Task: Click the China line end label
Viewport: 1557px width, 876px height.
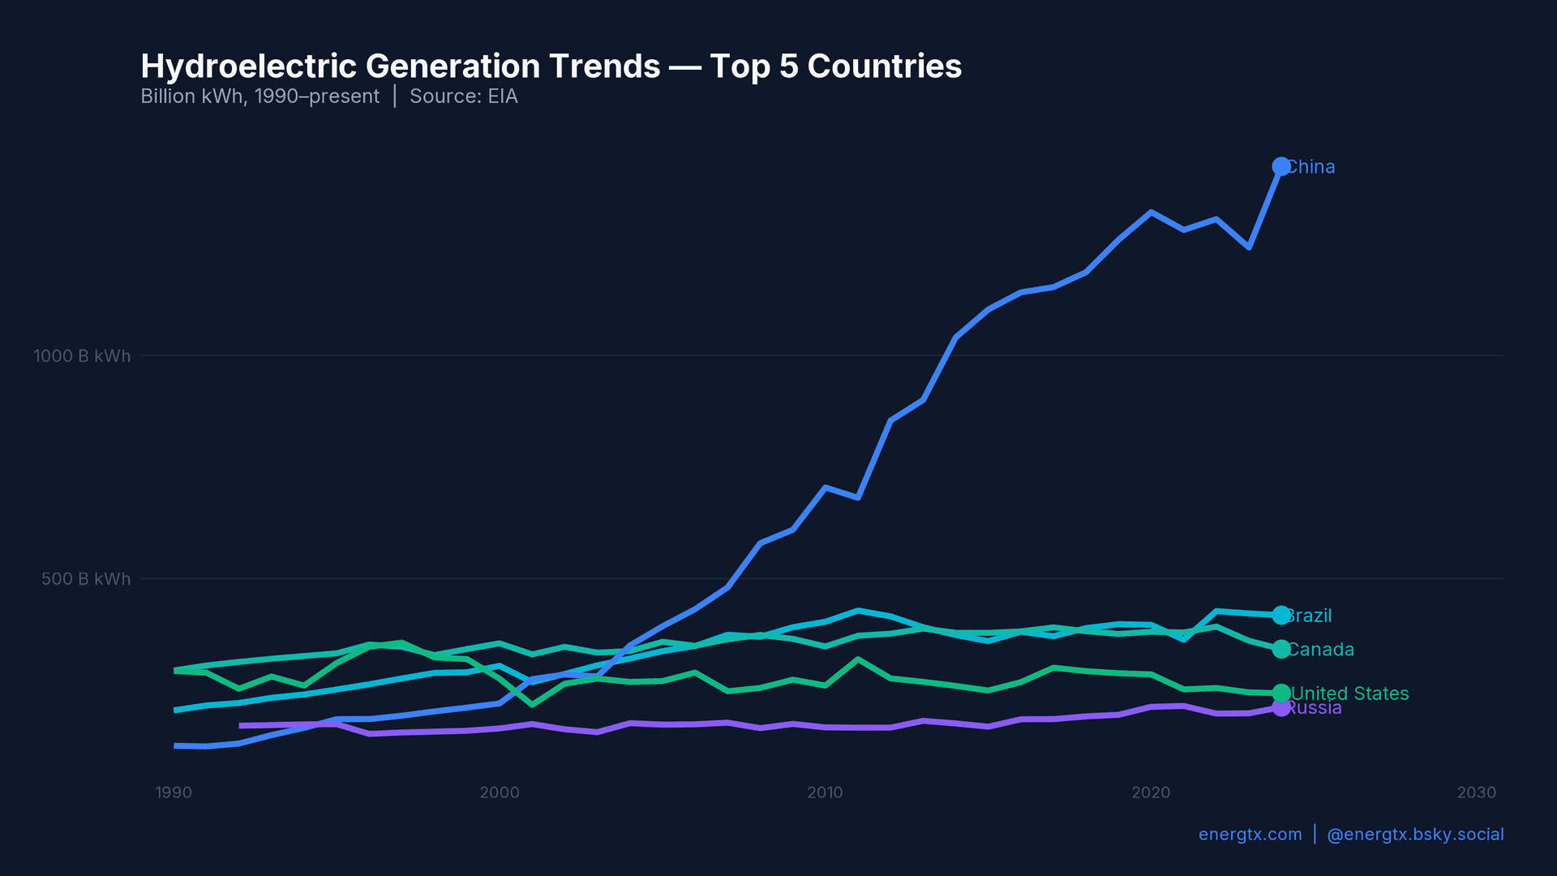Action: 1311,167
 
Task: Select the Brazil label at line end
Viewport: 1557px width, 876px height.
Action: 1310,616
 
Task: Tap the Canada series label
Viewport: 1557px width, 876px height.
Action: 1321,650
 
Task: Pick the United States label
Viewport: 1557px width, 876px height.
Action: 1350,693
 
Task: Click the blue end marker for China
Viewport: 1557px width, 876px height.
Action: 1280,166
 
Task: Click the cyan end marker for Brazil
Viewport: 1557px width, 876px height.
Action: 1280,615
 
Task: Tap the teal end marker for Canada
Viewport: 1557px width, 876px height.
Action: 1280,649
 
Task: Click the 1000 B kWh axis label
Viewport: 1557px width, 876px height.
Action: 82,356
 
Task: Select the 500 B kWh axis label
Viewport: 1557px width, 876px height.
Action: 86,579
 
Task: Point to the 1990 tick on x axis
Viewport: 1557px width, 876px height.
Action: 174,792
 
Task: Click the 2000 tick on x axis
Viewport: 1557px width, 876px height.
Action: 500,792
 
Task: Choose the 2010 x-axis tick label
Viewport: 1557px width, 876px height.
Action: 825,792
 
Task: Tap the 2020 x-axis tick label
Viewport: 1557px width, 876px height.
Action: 1151,792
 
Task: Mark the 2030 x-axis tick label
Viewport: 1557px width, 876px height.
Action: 1476,792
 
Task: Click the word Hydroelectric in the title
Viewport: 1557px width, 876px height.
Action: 248,67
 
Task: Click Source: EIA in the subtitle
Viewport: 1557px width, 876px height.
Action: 463,97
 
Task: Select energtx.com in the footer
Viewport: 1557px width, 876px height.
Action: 1250,835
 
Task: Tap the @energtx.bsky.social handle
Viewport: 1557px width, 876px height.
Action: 1415,835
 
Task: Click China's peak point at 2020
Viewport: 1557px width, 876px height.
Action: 1151,213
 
